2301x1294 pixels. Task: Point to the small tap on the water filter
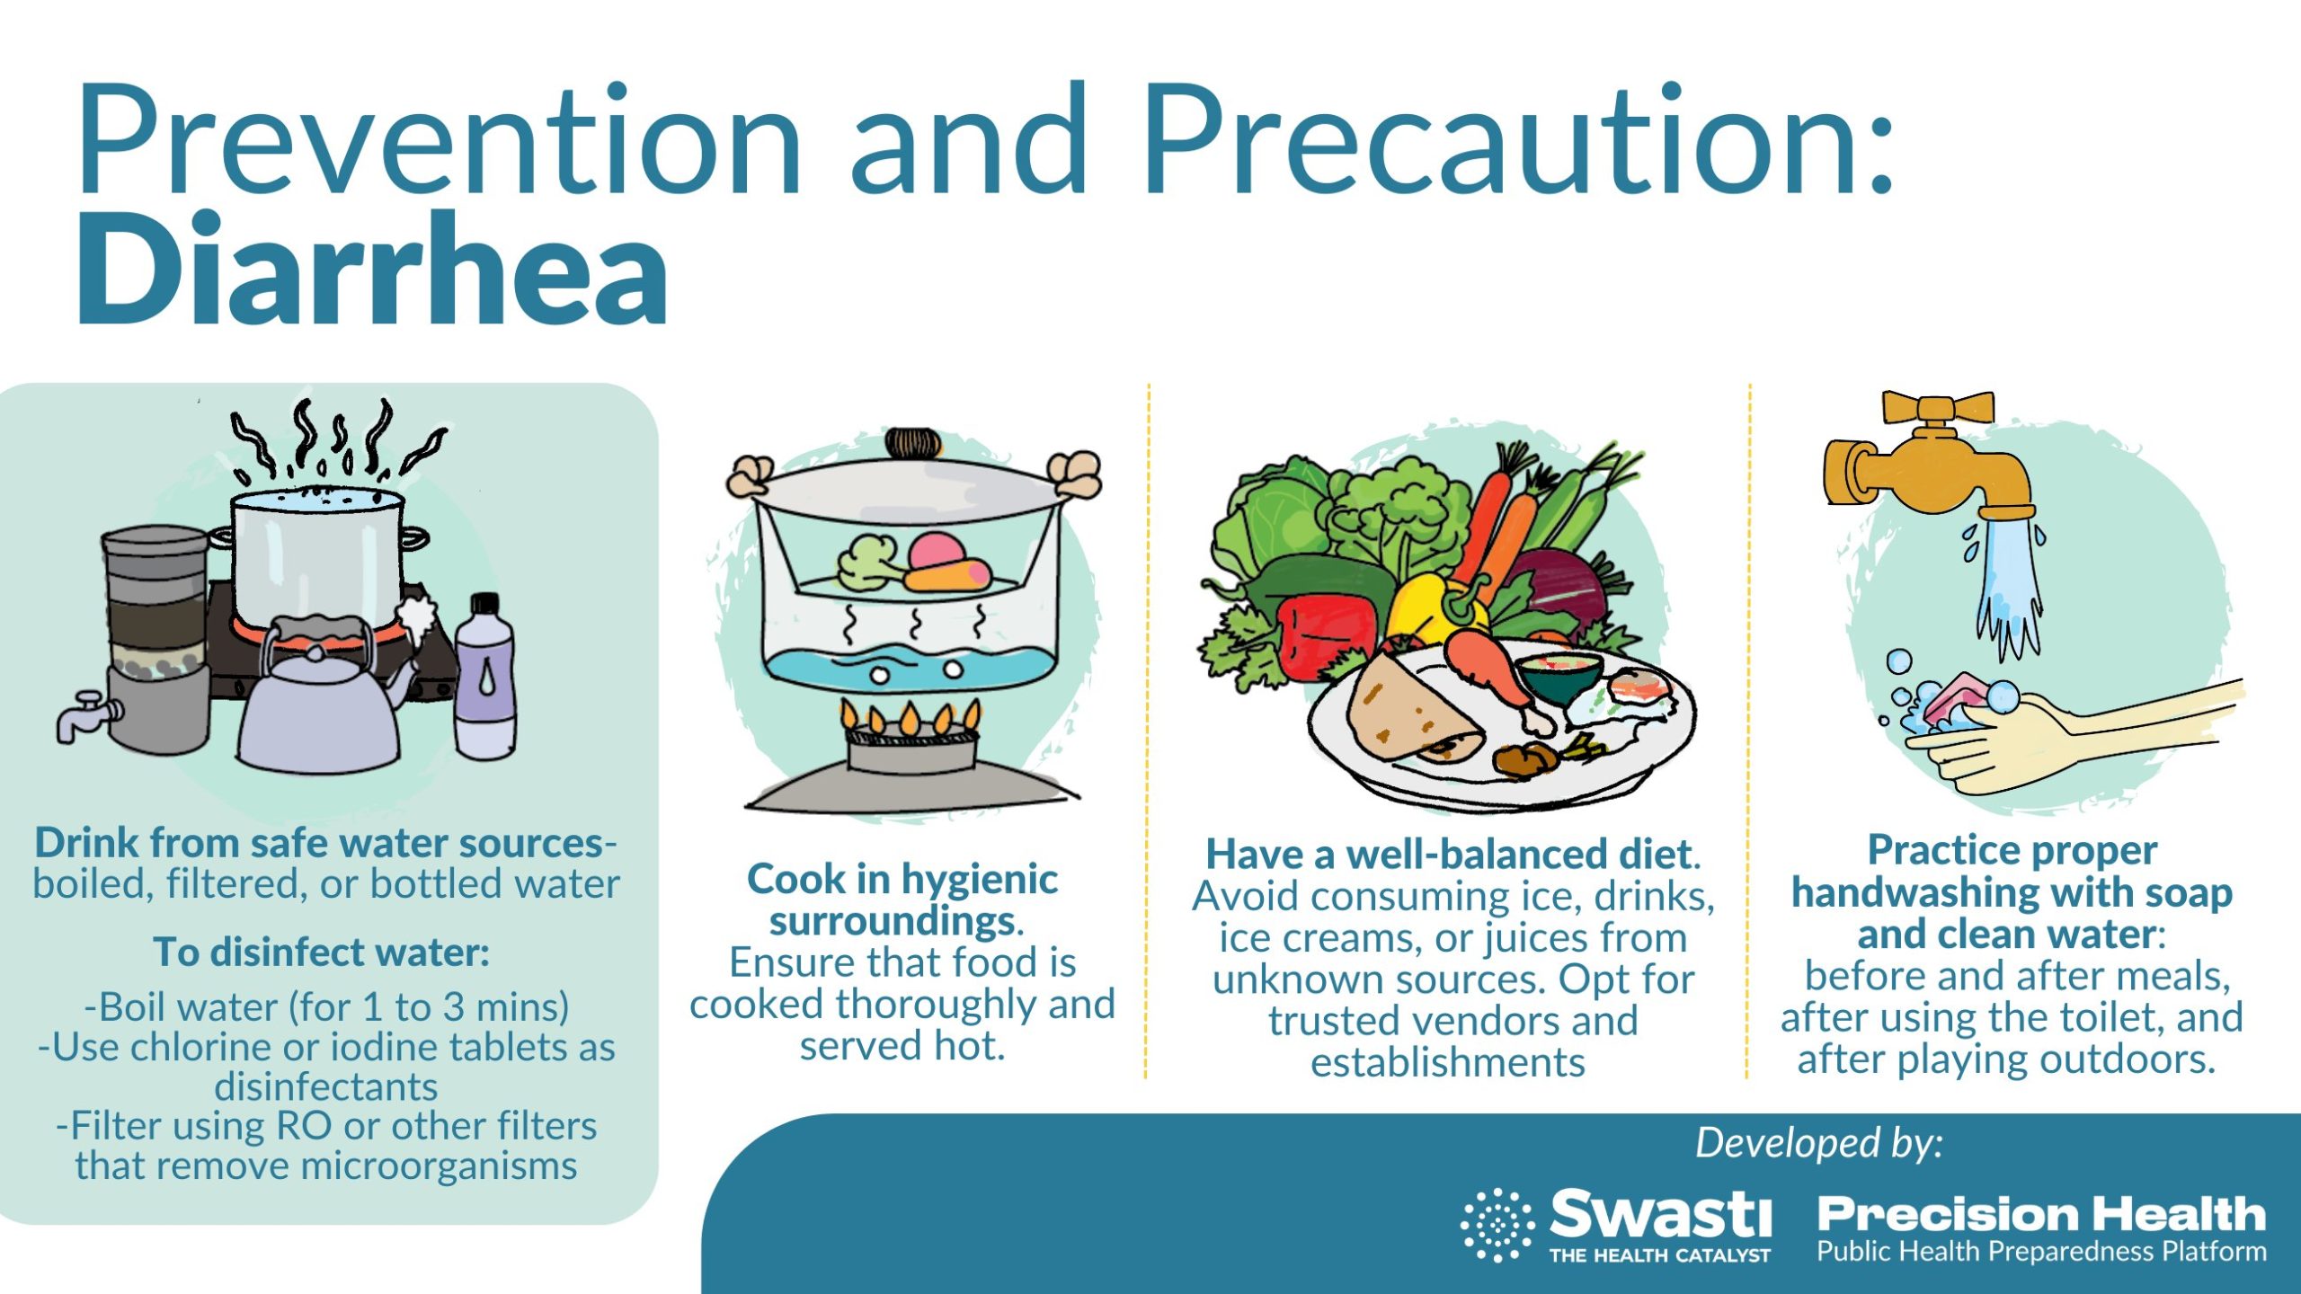tap(84, 714)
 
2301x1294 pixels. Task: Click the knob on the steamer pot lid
tap(913, 443)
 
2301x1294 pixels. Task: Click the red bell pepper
tap(1326, 634)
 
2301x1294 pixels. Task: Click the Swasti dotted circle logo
tap(1497, 1225)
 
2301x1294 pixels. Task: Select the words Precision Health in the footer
tap(2041, 1214)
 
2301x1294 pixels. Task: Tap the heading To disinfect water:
tap(322, 952)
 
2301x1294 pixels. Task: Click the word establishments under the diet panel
tap(1448, 1062)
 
